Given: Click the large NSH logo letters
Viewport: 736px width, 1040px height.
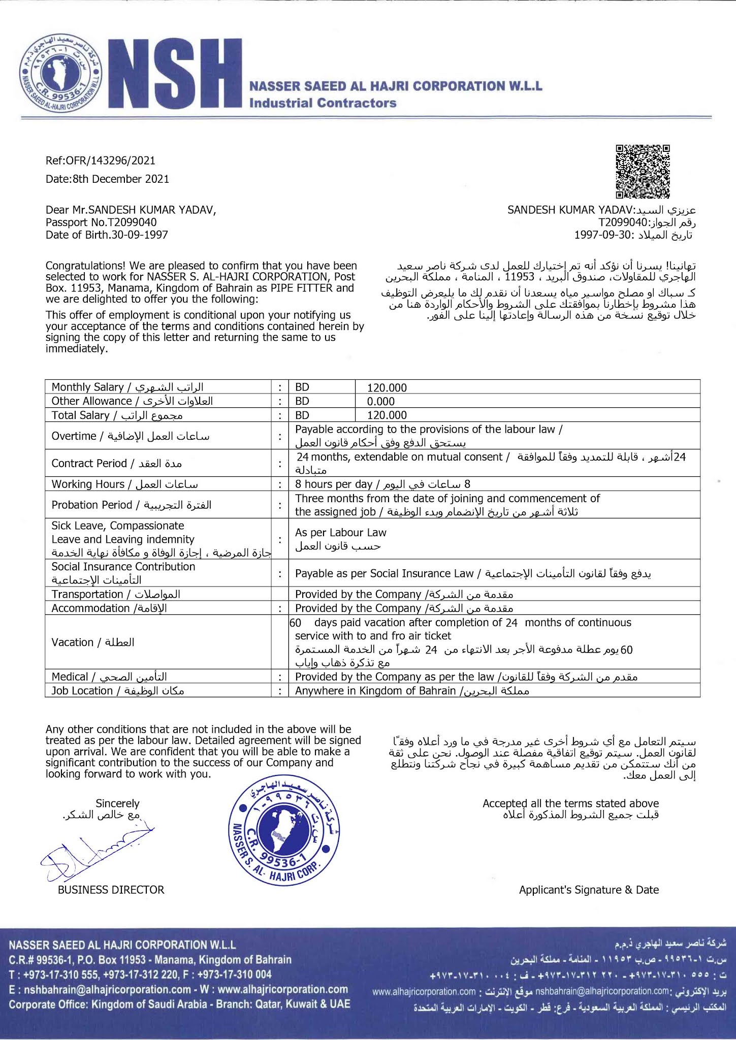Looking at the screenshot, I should click(175, 74).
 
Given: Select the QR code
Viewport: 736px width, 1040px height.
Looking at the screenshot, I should click(643, 171).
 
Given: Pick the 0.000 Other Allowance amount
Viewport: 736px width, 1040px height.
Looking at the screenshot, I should click(381, 401).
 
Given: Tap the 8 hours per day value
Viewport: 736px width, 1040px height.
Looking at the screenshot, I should click(334, 484).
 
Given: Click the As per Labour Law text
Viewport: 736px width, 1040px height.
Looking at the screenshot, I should click(340, 533).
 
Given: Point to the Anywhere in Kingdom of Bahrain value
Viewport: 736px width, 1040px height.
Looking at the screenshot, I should click(375, 691).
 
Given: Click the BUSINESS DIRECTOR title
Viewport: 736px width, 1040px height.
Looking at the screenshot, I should click(111, 890).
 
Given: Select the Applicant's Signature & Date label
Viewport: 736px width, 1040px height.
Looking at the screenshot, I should click(588, 890).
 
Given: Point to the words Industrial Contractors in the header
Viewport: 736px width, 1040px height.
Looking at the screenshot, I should click(323, 103).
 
